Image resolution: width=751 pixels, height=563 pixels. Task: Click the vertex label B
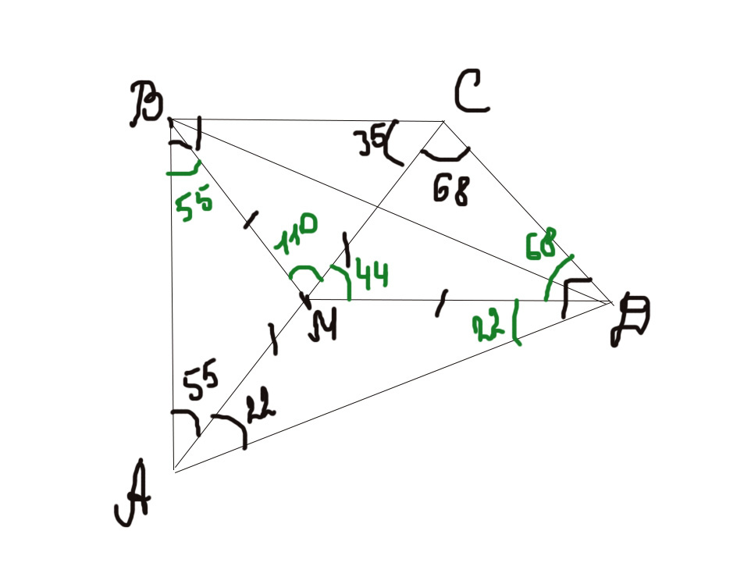tap(148, 106)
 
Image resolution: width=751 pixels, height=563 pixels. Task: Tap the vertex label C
tap(472, 92)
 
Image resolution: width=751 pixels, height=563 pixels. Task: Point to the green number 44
tap(372, 274)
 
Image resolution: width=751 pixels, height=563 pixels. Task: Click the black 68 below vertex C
tap(452, 188)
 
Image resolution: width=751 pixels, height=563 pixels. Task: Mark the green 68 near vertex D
tap(540, 244)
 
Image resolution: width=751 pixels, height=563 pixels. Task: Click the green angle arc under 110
tap(304, 273)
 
